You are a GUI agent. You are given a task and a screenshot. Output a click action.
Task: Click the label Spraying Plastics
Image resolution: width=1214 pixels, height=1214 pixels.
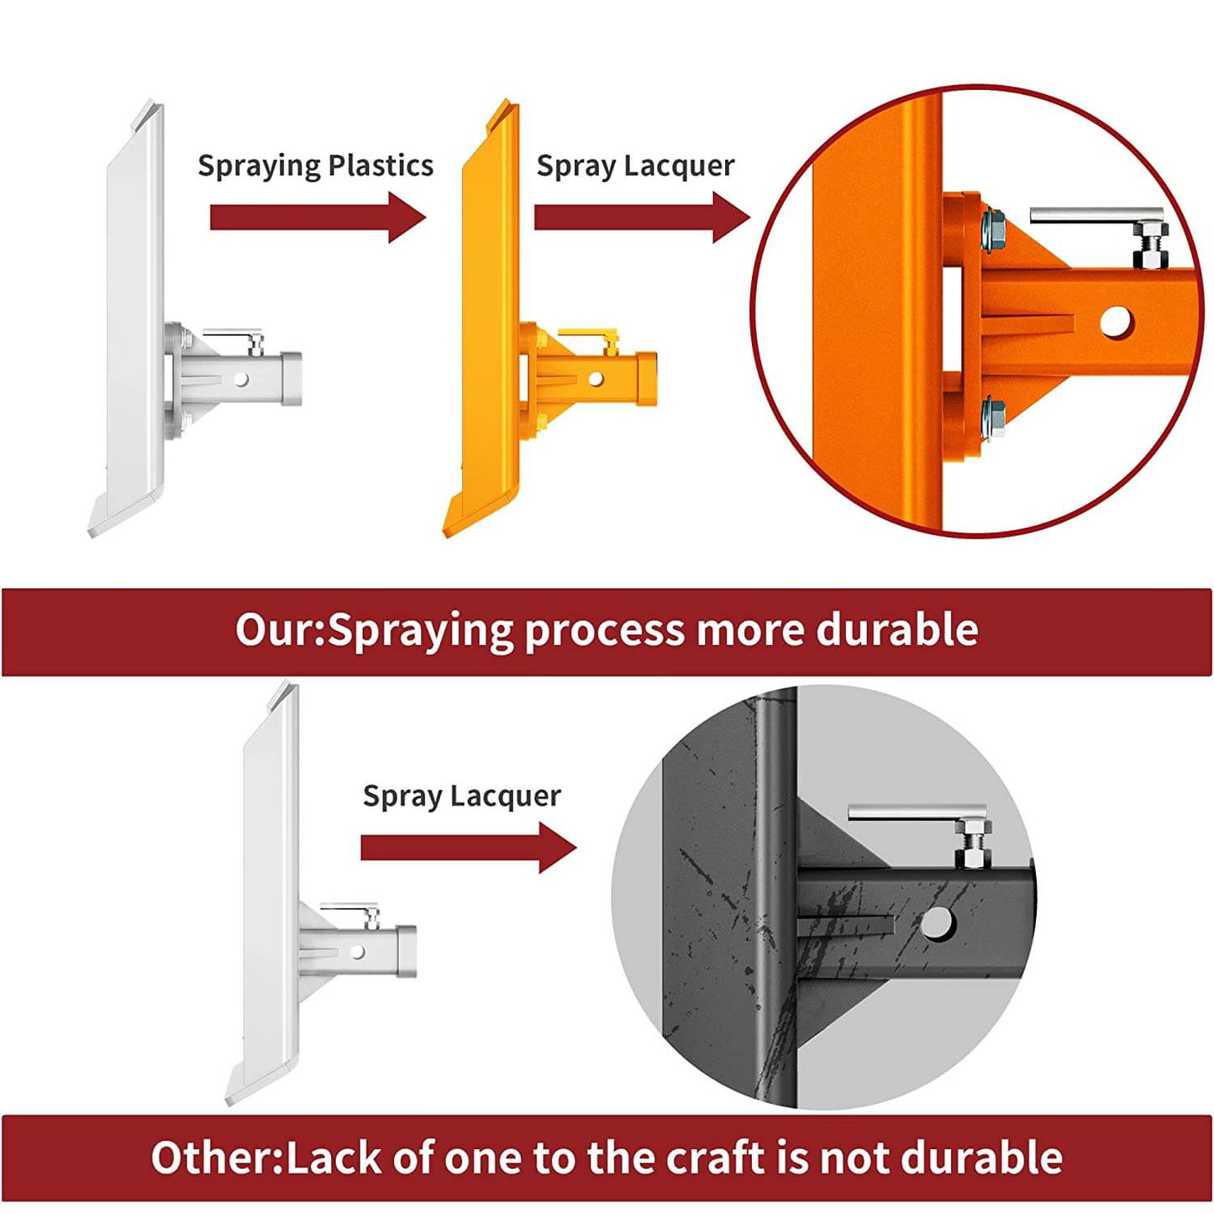[x=316, y=166]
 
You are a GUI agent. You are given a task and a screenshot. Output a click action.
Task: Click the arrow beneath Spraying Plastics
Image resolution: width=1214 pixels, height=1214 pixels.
[x=318, y=218]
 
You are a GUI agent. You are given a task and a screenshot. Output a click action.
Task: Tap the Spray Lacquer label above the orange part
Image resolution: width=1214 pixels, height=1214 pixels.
[x=635, y=166]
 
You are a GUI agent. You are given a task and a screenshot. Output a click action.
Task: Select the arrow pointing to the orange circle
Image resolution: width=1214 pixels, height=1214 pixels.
[x=642, y=218]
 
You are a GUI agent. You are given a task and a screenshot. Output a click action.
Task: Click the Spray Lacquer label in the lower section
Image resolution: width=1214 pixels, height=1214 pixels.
[x=462, y=796]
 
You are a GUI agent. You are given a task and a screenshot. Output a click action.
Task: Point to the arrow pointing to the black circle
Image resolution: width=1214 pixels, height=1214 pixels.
[x=469, y=848]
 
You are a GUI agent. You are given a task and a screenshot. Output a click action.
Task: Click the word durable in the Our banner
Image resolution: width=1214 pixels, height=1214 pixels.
[x=896, y=629]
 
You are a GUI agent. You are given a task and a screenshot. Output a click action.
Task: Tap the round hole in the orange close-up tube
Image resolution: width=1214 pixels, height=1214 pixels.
[x=1116, y=322]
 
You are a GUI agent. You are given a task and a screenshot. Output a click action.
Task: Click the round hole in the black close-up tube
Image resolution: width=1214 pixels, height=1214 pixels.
[x=937, y=923]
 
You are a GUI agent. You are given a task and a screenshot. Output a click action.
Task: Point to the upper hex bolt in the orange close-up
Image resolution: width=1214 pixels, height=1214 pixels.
[x=994, y=231]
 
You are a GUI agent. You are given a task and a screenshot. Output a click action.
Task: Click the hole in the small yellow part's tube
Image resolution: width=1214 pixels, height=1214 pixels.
[x=596, y=379]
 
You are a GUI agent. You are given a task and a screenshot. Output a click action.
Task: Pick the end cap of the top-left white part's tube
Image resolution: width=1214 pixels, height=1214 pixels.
[x=291, y=379]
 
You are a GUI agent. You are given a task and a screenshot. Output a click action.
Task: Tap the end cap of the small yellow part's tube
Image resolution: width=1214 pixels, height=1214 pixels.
[x=647, y=379]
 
